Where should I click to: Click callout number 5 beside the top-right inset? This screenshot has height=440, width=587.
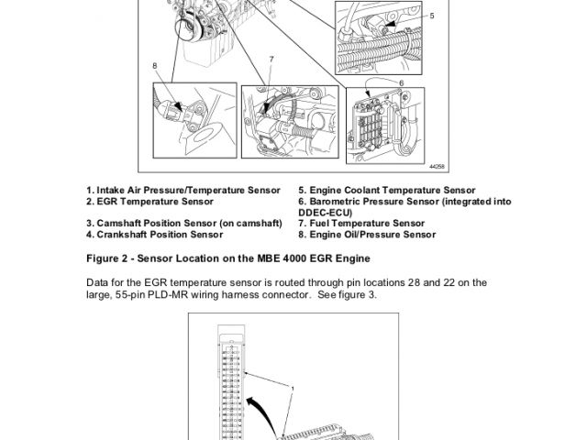[x=432, y=16]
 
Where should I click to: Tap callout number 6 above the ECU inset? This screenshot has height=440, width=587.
[x=401, y=82]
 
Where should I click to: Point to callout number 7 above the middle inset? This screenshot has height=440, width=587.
[x=271, y=60]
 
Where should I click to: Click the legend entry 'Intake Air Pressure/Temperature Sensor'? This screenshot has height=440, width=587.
[x=183, y=190]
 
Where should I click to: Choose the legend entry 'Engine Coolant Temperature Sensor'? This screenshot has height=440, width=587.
[x=386, y=190]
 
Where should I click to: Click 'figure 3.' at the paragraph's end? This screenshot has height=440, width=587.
[x=355, y=295]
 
